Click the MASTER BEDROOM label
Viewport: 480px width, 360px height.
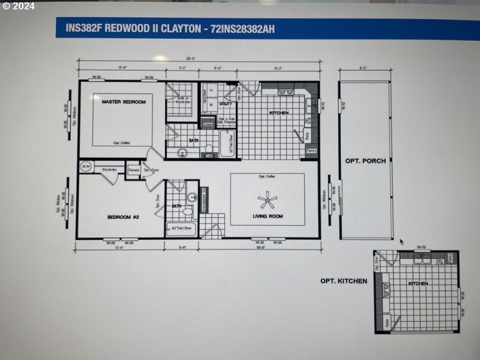tap(124, 102)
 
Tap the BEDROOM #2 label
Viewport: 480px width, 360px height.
tap(123, 217)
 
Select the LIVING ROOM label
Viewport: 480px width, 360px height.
tap(267, 216)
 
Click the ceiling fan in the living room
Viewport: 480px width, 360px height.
tap(266, 200)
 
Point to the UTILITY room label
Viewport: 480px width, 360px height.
tap(226, 104)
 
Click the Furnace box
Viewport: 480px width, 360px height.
tap(133, 170)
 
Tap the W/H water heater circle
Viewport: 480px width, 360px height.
tap(86, 167)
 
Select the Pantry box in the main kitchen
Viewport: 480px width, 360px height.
tap(311, 151)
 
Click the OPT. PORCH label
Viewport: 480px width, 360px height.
tap(365, 161)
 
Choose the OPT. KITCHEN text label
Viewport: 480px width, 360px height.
tap(343, 281)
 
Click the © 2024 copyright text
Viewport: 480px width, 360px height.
tap(19, 6)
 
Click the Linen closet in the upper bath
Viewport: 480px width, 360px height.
tap(208, 124)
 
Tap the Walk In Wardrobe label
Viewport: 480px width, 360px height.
tap(182, 100)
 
